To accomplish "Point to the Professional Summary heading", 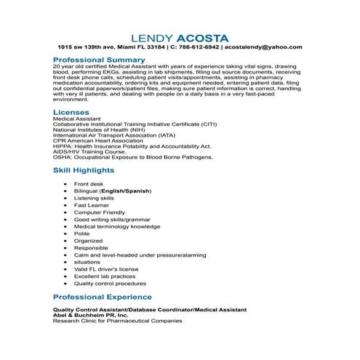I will pyautogui.click(x=99, y=60).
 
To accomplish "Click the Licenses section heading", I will pyautogui.click(x=71, y=113).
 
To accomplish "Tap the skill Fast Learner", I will pyautogui.click(x=91, y=204).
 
